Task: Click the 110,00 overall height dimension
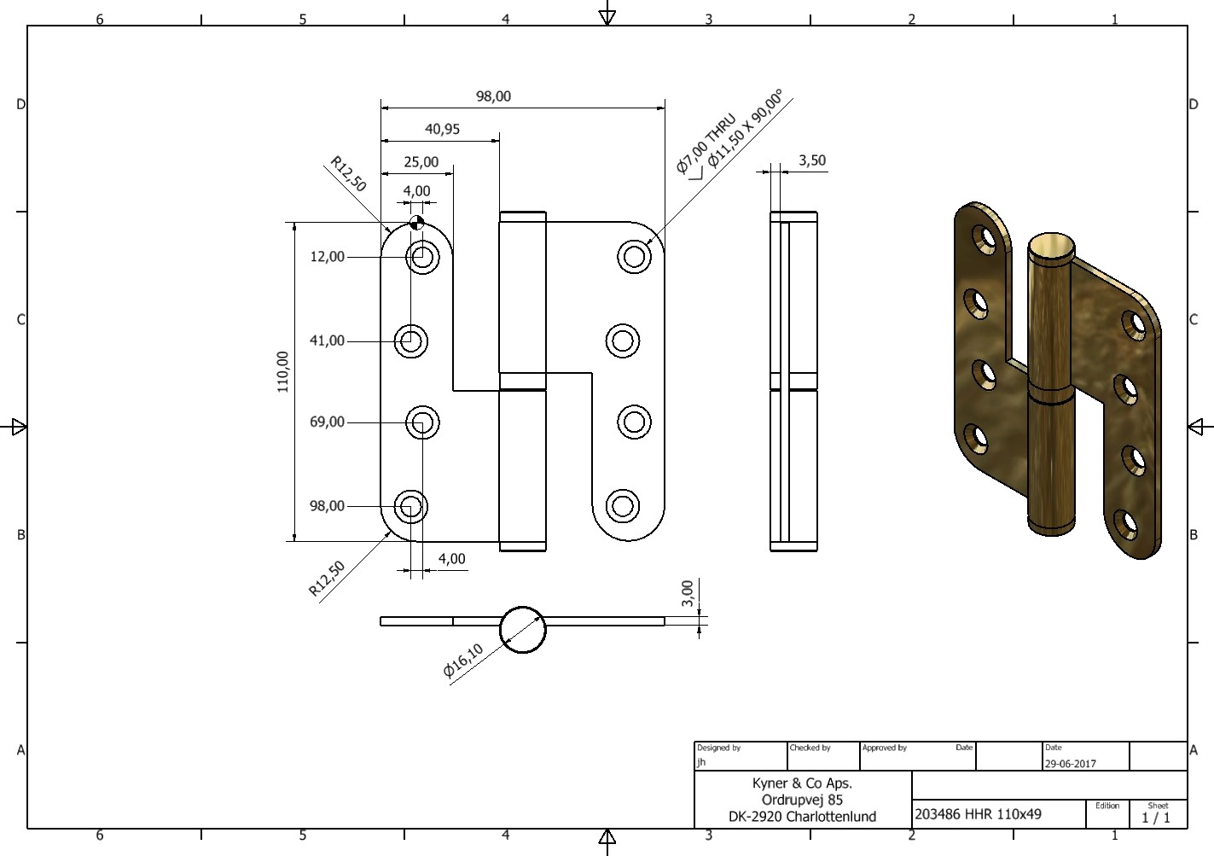coord(283,372)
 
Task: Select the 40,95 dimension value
coord(442,129)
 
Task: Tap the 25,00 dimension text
coord(421,162)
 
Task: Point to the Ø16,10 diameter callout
coord(463,661)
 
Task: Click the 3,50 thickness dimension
coord(812,160)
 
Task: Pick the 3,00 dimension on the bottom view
coord(688,593)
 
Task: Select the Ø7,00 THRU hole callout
coord(706,143)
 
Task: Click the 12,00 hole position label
coord(328,257)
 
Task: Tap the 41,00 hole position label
coord(327,341)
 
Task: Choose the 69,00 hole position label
coord(328,422)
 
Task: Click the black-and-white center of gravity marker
coord(416,222)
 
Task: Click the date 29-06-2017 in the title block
coord(1071,764)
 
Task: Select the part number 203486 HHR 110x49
coord(979,814)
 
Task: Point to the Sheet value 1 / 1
coord(1156,818)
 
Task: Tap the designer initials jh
coord(701,762)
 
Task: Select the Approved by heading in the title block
coord(885,748)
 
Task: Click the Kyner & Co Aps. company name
coord(802,783)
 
